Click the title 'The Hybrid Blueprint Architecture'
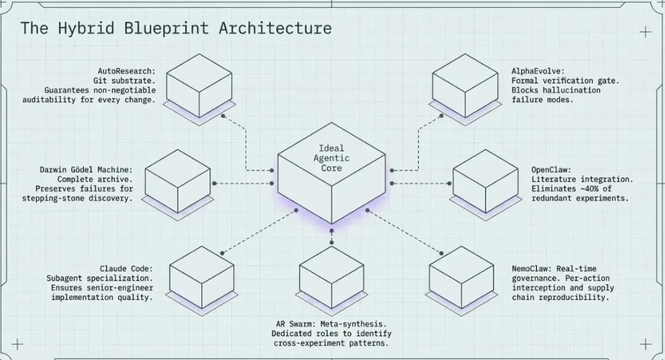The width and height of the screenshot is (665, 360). coord(176,28)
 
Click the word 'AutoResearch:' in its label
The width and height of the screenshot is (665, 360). coord(126,71)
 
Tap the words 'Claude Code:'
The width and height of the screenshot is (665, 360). coord(126,269)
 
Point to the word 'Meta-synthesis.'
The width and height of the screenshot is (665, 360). coord(358,324)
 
